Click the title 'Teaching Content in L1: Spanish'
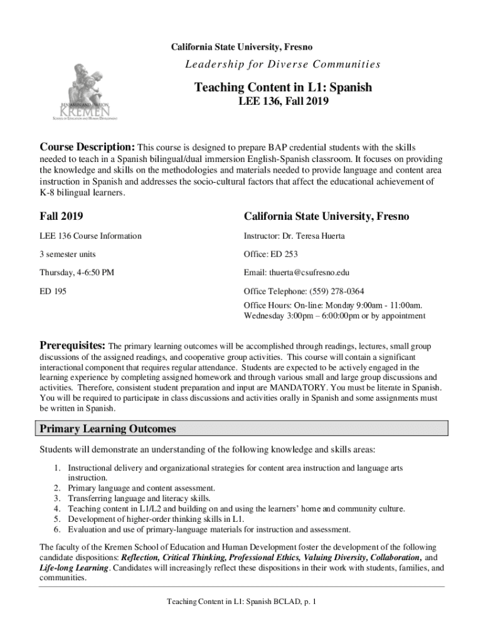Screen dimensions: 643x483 click(282, 87)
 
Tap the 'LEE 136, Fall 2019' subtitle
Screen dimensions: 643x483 click(282, 101)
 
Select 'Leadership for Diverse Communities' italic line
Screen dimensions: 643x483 click(282, 64)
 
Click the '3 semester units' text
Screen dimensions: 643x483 click(68, 254)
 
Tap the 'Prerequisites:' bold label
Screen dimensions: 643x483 click(73, 345)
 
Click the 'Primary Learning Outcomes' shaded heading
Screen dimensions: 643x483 click(108, 429)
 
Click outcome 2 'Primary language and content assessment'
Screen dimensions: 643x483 click(141, 488)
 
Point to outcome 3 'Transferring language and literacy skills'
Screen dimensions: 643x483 click(139, 498)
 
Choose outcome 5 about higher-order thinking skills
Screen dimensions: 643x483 click(156, 519)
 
